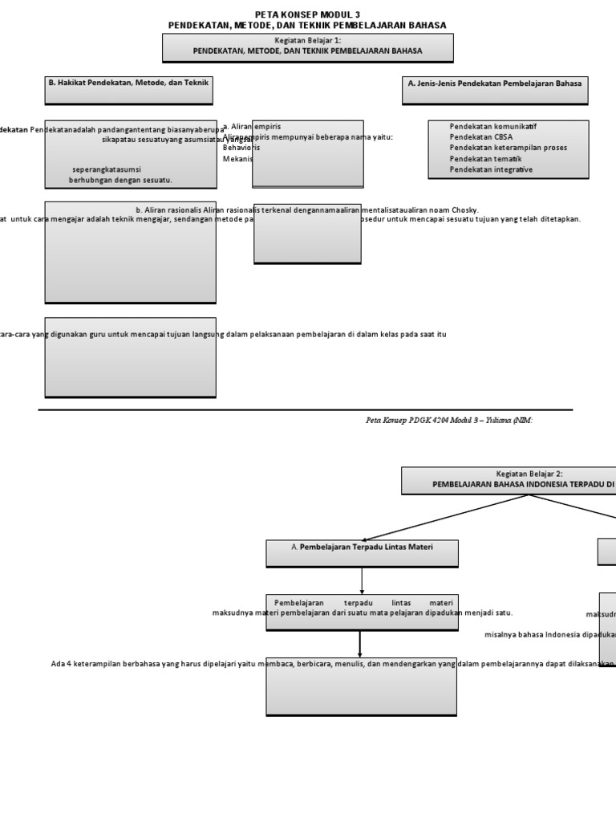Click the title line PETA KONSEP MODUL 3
[x=307, y=14]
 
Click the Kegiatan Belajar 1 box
[x=307, y=47]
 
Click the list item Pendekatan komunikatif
[x=493, y=127]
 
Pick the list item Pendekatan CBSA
[x=481, y=137]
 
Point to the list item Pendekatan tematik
[x=485, y=159]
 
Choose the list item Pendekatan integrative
[x=491, y=169]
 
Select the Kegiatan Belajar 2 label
[x=529, y=474]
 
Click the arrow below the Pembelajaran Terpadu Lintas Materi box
[x=362, y=580]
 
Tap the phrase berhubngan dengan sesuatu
[x=120, y=180]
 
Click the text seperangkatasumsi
[x=107, y=169]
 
